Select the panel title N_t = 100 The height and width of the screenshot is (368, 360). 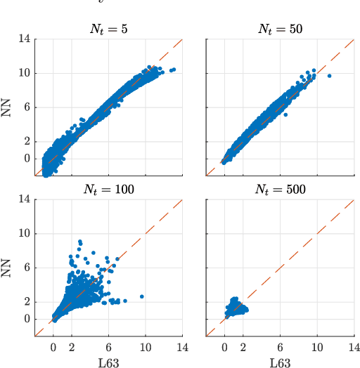[x=108, y=189]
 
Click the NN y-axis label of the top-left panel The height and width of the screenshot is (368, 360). [x=9, y=107]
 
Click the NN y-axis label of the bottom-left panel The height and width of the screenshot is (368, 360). [x=9, y=268]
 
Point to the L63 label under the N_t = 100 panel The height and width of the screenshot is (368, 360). [x=108, y=362]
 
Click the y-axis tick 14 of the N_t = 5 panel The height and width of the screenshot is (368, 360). [x=24, y=39]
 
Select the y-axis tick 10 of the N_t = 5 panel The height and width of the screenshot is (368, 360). [x=24, y=73]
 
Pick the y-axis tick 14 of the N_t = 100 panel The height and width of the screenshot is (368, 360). [x=24, y=199]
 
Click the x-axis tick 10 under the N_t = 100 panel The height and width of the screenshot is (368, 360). [x=146, y=347]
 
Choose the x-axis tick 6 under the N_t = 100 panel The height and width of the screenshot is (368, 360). [x=109, y=347]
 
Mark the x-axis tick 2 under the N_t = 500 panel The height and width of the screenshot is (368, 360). [x=243, y=347]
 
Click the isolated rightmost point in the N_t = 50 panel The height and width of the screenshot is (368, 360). [x=329, y=75]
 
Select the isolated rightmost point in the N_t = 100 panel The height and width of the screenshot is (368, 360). [x=141, y=296]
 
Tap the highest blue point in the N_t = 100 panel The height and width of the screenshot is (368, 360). [x=80, y=242]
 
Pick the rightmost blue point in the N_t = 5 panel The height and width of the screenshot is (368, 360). [x=174, y=69]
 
